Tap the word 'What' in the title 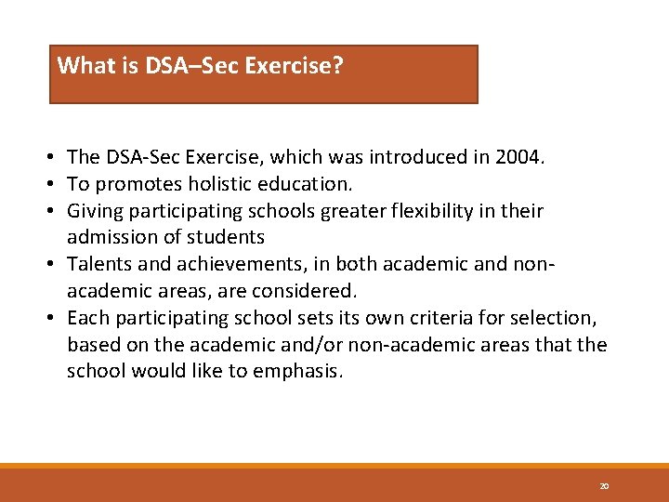pos(81,66)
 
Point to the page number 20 pos(604,486)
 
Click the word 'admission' pos(107,238)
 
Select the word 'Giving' pos(95,211)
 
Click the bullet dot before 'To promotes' pos(57,184)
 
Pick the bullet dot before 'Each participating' pos(57,318)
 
